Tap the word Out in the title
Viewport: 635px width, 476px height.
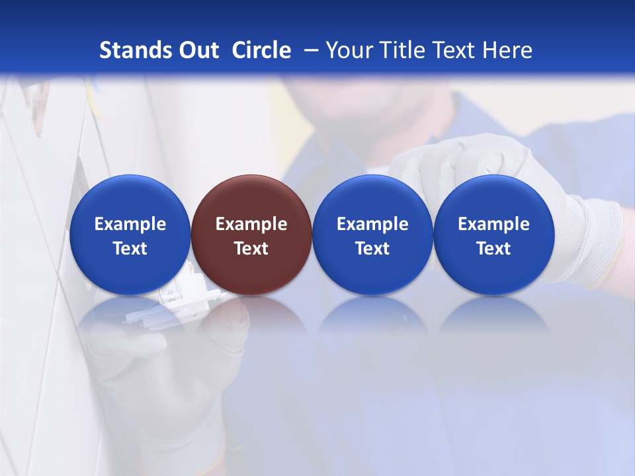pyautogui.click(x=197, y=50)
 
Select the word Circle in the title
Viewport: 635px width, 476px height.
pyautogui.click(x=261, y=50)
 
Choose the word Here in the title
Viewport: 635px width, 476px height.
pyautogui.click(x=507, y=50)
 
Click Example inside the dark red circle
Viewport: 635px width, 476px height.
pyautogui.click(x=251, y=224)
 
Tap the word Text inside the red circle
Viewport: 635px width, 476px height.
pyautogui.click(x=251, y=249)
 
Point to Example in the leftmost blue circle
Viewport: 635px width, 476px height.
pyautogui.click(x=130, y=224)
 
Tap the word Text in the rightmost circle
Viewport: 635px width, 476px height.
pyautogui.click(x=494, y=249)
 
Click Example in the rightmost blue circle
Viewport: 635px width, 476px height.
pyautogui.click(x=494, y=224)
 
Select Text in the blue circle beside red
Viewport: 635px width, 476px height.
pyautogui.click(x=372, y=249)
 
